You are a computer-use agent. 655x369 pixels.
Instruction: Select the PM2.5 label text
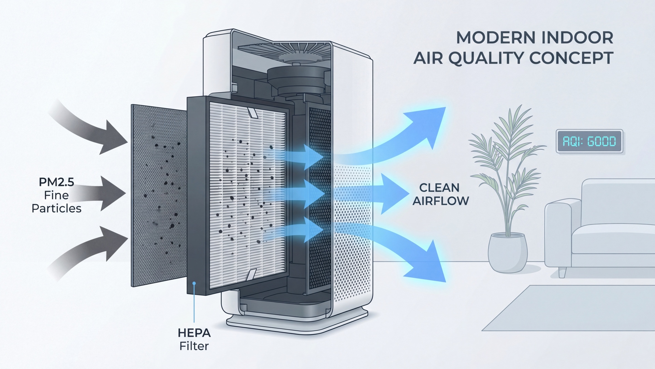coord(56,182)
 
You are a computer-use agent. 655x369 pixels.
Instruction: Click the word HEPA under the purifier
coord(194,333)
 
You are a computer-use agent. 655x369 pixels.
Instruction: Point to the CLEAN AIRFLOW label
coord(441,194)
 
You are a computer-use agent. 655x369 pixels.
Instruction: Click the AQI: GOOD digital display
coord(589,141)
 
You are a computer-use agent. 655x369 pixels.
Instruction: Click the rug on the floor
coord(568,308)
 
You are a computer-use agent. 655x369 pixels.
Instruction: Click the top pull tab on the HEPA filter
coord(252,112)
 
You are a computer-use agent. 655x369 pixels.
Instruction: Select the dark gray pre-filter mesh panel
coord(159,195)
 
